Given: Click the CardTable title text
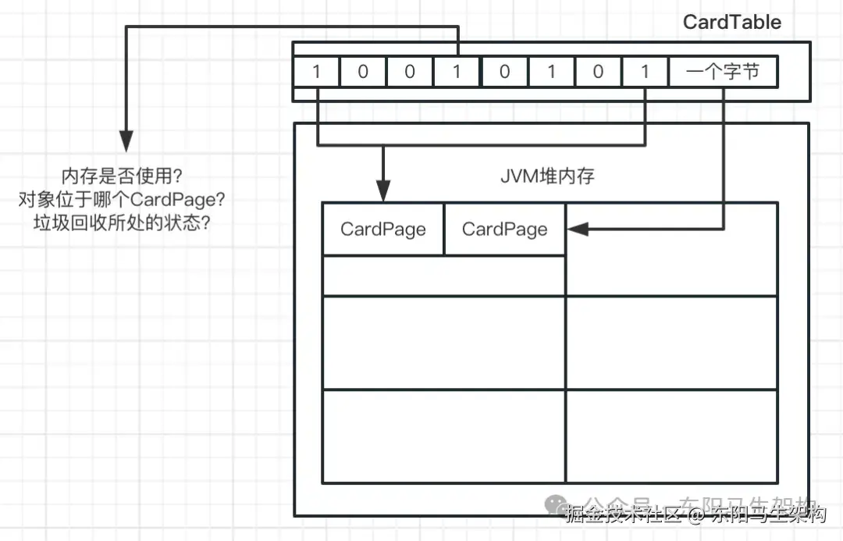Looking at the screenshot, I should click(731, 22).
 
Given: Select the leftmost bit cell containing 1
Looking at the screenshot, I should click(316, 73).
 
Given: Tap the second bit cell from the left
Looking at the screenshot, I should click(363, 73).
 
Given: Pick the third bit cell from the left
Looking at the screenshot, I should click(410, 73).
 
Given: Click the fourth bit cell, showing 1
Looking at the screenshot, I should click(457, 73).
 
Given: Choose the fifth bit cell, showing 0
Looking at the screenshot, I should click(504, 73).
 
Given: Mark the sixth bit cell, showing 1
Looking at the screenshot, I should click(551, 73).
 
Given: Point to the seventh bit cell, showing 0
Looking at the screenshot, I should click(598, 73).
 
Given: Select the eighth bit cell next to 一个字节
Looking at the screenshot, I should click(645, 73).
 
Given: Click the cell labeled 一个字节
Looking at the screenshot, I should click(723, 73).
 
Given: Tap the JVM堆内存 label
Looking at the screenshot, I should click(547, 176).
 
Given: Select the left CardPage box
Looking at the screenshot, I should click(382, 230).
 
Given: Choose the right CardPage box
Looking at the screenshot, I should click(504, 230).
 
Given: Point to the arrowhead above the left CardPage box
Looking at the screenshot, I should click(382, 190).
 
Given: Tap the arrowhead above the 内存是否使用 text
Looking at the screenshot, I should click(126, 141).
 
